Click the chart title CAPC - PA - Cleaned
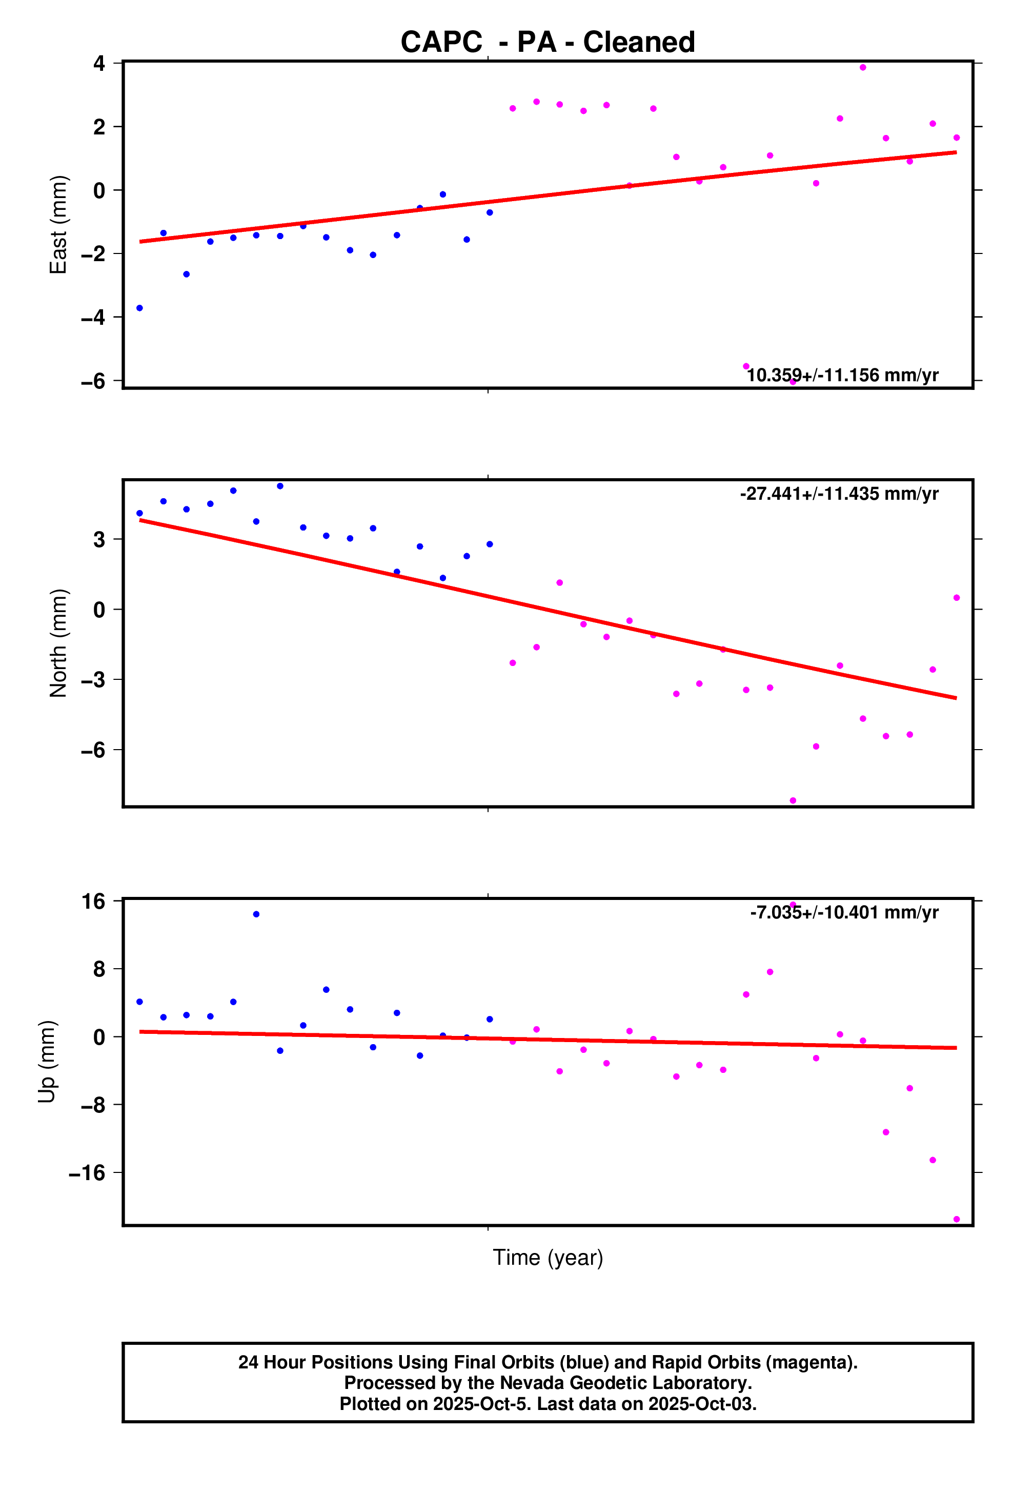click(548, 42)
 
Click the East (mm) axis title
click(58, 225)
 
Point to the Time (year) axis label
click(548, 1257)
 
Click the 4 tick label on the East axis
click(99, 64)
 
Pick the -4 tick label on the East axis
click(93, 317)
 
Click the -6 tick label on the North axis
click(93, 750)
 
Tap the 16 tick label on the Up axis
click(93, 902)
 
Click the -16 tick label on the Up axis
click(87, 1172)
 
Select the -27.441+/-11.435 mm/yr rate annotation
click(839, 494)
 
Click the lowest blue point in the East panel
click(139, 308)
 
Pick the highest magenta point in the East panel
click(862, 67)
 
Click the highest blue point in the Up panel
click(256, 914)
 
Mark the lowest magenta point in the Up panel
click(957, 1219)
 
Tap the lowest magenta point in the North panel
click(793, 801)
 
